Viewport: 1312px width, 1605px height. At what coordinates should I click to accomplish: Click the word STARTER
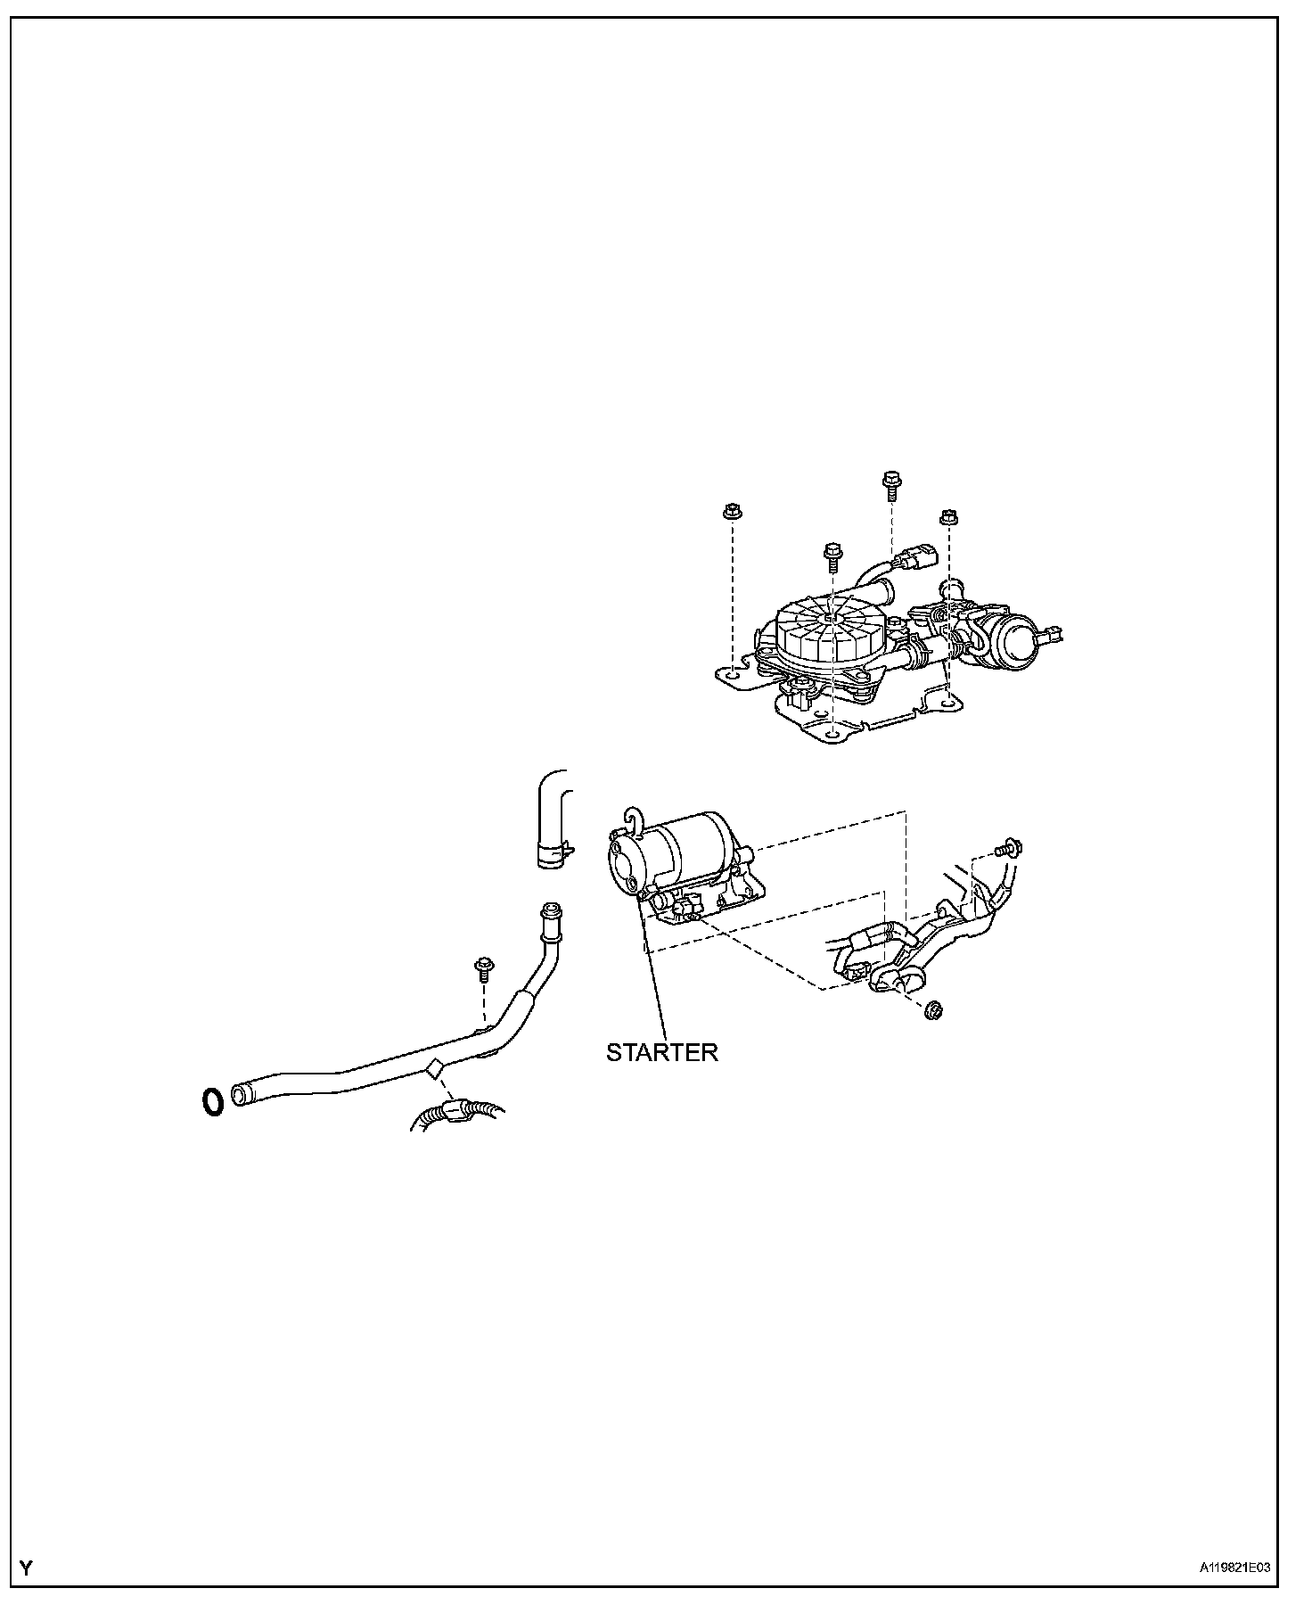click(x=661, y=1052)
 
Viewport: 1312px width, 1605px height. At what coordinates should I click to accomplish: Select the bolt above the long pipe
click(x=485, y=967)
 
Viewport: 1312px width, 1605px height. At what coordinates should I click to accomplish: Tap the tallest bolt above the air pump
click(x=890, y=482)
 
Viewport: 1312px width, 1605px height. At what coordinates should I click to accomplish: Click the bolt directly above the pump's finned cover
click(x=832, y=554)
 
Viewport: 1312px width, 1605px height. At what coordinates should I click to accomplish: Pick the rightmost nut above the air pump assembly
click(x=948, y=516)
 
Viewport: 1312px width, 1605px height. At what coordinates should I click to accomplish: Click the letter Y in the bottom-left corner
click(x=26, y=1569)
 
